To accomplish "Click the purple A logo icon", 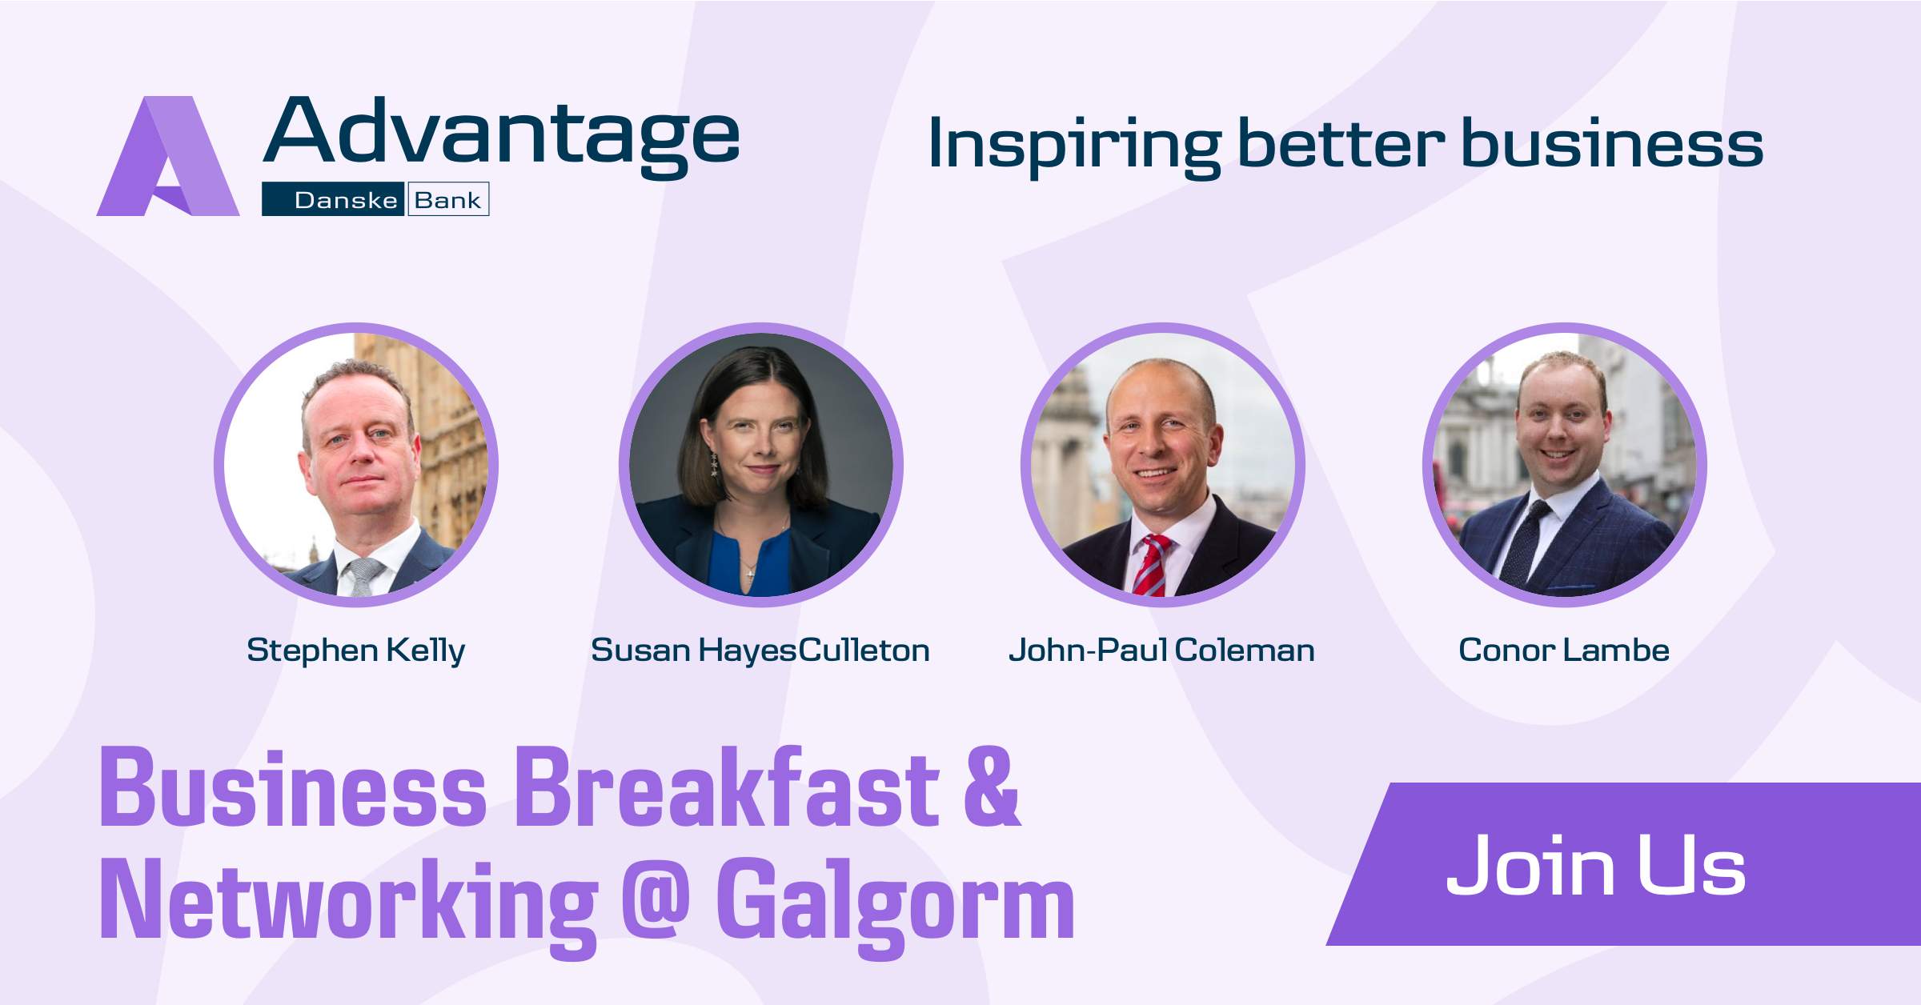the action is tap(168, 156).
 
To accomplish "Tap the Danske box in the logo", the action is tap(334, 200).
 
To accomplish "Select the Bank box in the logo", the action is tap(448, 200).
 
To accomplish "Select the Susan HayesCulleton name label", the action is tap(760, 651).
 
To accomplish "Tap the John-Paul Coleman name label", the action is tap(1161, 651).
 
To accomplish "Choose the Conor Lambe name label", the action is tap(1564, 650).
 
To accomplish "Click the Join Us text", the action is tap(1596, 867).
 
